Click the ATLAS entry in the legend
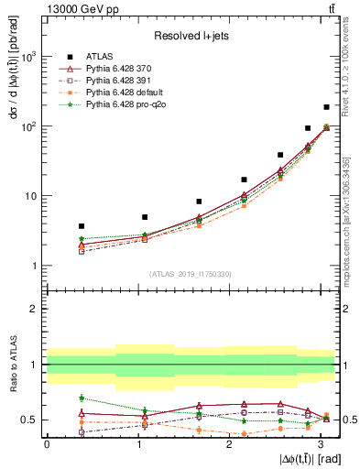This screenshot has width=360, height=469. point(99,57)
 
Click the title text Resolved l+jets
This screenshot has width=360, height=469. point(191,35)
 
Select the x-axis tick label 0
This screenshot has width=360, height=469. point(47,444)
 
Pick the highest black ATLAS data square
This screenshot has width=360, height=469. point(326,107)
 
